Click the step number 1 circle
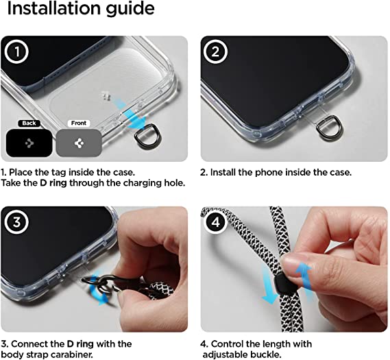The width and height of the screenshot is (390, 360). [x=16, y=51]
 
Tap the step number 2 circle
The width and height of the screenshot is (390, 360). [x=215, y=51]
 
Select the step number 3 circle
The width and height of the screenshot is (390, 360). [x=16, y=222]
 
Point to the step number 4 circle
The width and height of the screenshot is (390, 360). [x=215, y=222]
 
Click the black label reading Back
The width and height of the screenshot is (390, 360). [x=29, y=123]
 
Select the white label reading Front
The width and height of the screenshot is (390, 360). [x=79, y=123]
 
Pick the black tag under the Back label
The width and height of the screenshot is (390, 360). [x=29, y=143]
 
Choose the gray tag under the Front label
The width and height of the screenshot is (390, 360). [x=79, y=143]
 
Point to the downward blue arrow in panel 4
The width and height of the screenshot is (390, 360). [x=269, y=284]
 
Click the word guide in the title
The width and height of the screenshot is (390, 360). [x=130, y=10]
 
